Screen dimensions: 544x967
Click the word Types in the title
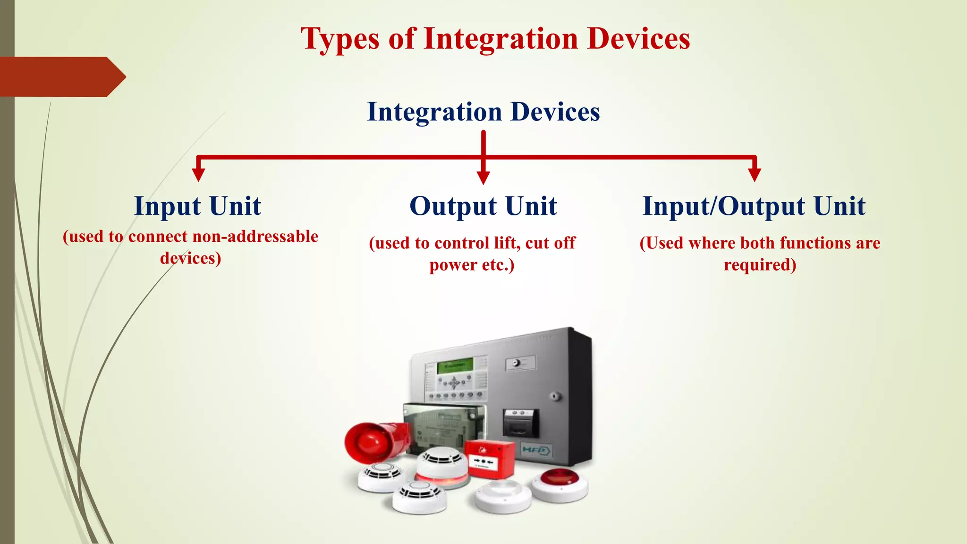click(x=340, y=39)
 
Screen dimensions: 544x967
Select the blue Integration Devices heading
click(x=483, y=112)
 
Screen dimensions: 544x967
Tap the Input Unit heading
click(x=197, y=206)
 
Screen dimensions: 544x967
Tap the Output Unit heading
click(x=483, y=206)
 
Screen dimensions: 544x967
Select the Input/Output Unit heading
click(x=754, y=206)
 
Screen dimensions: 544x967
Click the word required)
click(x=760, y=264)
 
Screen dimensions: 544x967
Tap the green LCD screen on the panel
click(x=454, y=365)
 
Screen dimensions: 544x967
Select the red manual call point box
click(x=489, y=458)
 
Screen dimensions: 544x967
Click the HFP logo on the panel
click(x=536, y=450)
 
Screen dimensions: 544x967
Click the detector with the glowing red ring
click(x=442, y=468)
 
